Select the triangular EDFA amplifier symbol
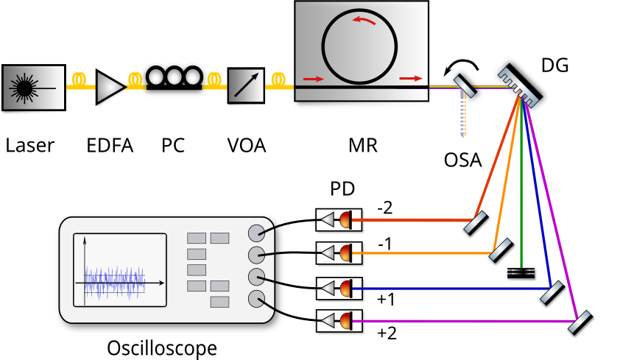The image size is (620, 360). coord(110,87)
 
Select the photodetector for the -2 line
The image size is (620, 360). coord(338,219)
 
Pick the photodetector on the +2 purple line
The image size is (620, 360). coord(338,320)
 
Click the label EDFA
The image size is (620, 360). coord(110,145)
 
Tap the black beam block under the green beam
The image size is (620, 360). coord(522,273)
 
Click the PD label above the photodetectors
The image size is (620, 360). coord(341,189)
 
